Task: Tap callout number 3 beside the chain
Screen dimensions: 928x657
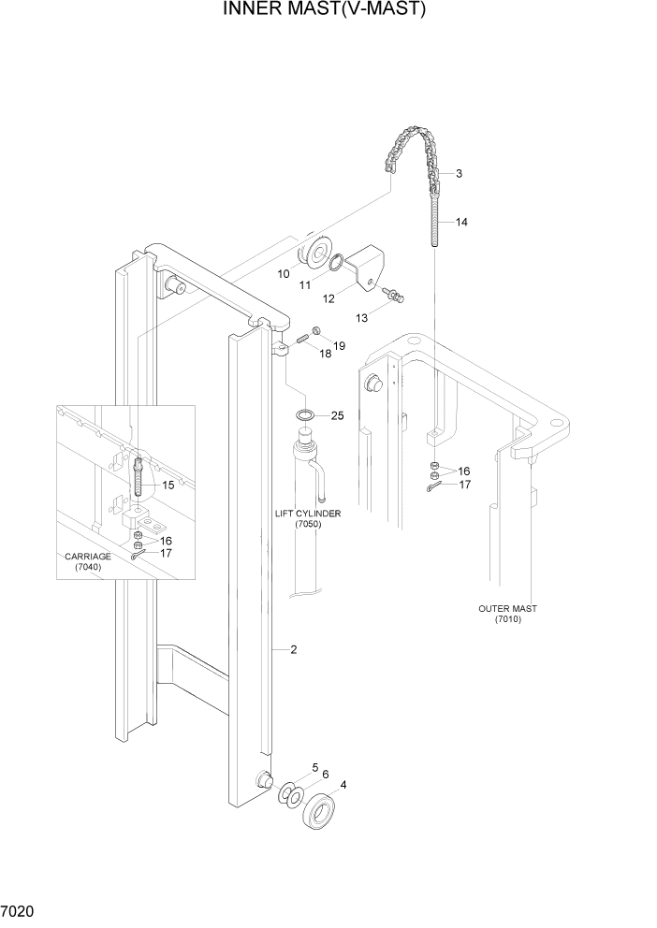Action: click(x=460, y=174)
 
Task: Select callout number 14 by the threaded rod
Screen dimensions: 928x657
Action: click(x=462, y=223)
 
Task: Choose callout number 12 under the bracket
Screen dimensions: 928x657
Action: click(x=329, y=299)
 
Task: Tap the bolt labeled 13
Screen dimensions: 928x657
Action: click(x=398, y=297)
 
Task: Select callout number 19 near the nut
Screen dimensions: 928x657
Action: click(x=339, y=346)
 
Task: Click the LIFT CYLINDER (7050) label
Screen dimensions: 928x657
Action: click(x=307, y=520)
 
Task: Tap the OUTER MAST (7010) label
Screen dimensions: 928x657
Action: click(x=507, y=614)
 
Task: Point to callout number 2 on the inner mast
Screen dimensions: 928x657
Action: click(x=293, y=649)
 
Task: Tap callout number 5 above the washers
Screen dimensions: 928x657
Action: click(x=315, y=767)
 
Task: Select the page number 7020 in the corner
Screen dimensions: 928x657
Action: click(x=19, y=909)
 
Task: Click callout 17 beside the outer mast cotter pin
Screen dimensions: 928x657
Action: click(x=463, y=485)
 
